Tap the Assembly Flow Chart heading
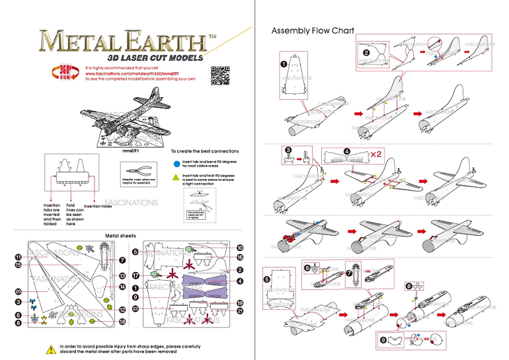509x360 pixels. [x=313, y=30]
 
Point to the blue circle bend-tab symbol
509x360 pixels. [x=175, y=162]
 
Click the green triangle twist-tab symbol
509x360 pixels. [x=175, y=177]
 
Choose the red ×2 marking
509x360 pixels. [x=393, y=153]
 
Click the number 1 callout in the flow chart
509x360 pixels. [x=283, y=64]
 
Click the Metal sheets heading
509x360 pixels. [x=120, y=236]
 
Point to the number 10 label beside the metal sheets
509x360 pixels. [x=240, y=248]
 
